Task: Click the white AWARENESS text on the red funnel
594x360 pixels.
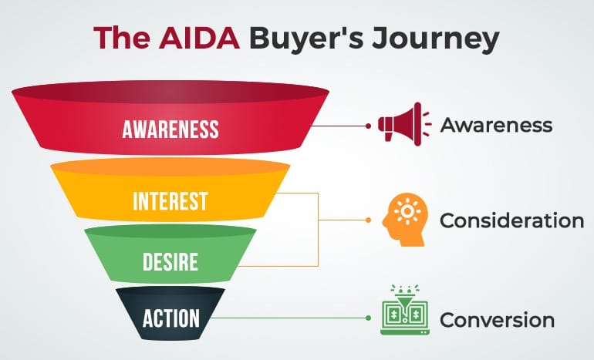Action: [170, 128]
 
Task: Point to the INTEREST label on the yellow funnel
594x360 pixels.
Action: [170, 201]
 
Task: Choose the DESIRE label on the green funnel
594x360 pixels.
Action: [170, 262]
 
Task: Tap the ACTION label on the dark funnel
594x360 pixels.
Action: [170, 318]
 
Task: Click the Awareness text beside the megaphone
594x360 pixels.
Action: [496, 125]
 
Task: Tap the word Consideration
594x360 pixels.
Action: [511, 221]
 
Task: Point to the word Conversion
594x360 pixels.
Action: [497, 319]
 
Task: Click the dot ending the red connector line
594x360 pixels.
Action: [368, 125]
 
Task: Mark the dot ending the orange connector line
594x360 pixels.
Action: [368, 220]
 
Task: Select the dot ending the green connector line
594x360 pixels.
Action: [368, 317]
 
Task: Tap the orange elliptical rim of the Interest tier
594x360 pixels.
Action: [170, 167]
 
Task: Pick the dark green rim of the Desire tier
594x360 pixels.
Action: [170, 232]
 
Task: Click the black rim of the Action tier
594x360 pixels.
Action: [170, 292]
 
